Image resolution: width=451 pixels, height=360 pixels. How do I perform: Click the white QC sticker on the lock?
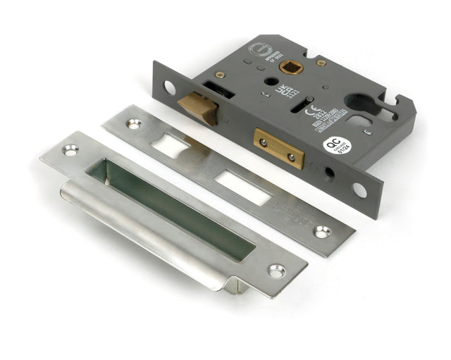335,145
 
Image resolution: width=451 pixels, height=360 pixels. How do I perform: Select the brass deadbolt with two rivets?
280,147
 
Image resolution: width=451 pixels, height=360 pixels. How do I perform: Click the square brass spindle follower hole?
290,68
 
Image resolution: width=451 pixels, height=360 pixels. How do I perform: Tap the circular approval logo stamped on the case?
257,51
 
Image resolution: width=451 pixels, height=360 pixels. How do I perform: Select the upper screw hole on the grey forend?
170,87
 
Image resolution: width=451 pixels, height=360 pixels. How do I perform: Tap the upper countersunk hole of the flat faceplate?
133,123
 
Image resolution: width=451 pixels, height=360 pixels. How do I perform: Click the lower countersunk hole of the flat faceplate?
321,231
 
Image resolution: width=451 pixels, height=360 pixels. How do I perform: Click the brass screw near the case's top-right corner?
321,63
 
